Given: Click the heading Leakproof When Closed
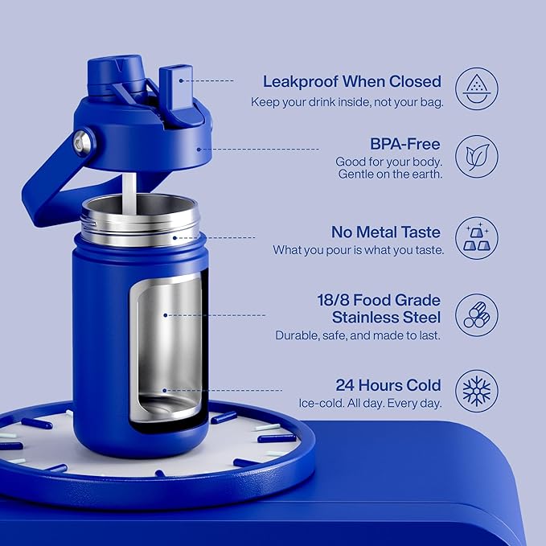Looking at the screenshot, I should click(352, 81).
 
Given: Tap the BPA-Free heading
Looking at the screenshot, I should click(404, 144).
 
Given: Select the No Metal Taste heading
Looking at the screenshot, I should click(386, 232).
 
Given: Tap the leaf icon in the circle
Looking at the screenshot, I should click(476, 156).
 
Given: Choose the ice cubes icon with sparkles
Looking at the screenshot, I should click(476, 238).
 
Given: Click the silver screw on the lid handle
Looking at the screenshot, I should click(82, 143).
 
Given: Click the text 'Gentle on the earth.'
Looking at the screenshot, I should click(390, 174).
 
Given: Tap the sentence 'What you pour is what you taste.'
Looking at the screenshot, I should click(358, 250).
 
